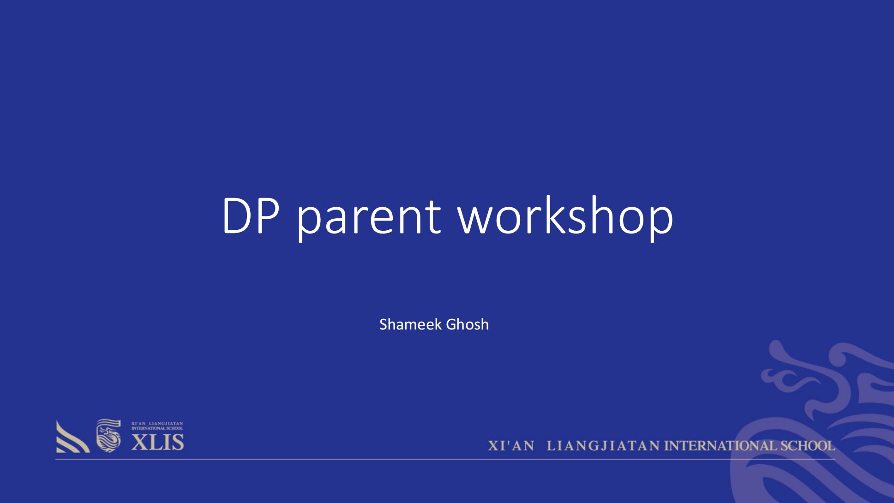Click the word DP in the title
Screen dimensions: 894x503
[251, 215]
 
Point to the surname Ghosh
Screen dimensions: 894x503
[467, 324]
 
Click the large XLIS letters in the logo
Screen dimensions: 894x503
[158, 443]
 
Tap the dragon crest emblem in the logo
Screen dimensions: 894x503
[108, 436]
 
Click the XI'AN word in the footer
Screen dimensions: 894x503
[511, 446]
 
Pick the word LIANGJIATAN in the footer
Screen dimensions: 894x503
[603, 446]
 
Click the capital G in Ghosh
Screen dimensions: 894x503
[451, 324]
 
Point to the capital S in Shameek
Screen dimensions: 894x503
[384, 324]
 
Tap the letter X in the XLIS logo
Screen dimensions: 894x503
[138, 443]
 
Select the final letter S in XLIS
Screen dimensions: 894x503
[178, 443]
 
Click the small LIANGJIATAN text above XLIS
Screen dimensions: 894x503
[166, 423]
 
